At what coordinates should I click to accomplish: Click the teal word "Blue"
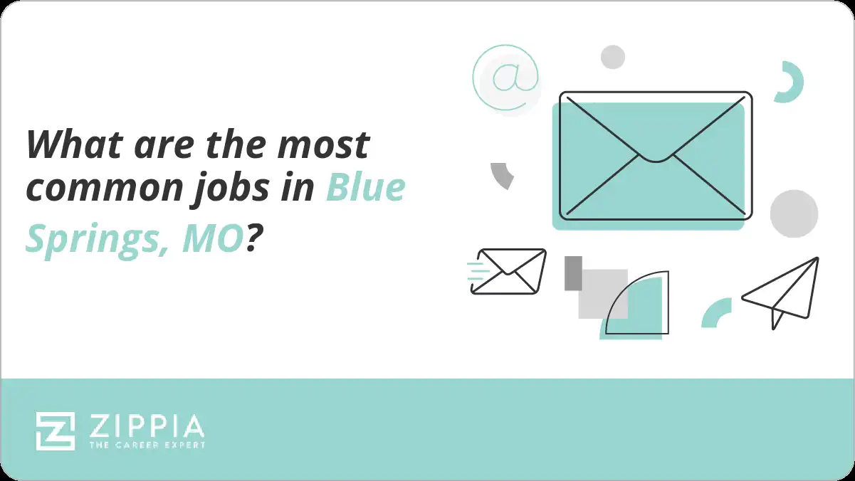click(x=366, y=188)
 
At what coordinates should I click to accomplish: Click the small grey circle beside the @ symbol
click(x=612, y=57)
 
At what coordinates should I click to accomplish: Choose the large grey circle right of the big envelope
click(x=794, y=213)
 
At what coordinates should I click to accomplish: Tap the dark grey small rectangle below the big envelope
click(x=573, y=273)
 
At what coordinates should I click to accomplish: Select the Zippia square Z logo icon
click(x=56, y=430)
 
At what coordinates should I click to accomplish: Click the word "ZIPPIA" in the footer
click(x=147, y=426)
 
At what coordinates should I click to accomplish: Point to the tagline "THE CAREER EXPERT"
click(x=147, y=445)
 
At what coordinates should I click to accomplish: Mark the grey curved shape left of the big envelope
click(x=503, y=174)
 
